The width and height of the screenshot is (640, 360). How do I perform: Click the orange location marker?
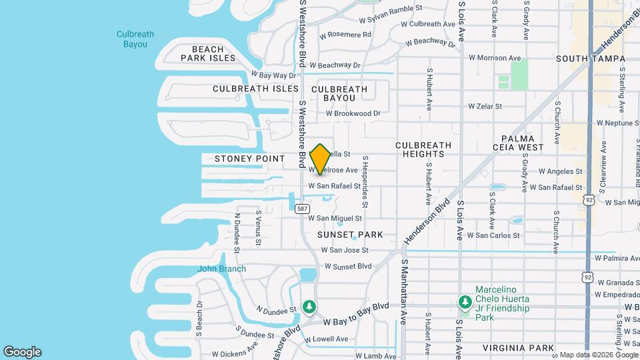pyautogui.click(x=321, y=159)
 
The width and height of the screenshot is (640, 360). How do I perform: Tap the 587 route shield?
pyautogui.click(x=303, y=209)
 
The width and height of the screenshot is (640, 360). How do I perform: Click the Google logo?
pyautogui.click(x=22, y=352)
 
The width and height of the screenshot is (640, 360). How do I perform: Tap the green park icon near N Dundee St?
pyautogui.click(x=309, y=307)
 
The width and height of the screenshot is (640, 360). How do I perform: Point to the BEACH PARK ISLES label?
pyautogui.click(x=208, y=53)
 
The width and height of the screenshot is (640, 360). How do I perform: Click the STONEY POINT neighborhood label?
pyautogui.click(x=249, y=159)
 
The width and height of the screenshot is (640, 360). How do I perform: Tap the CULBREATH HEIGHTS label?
pyautogui.click(x=423, y=149)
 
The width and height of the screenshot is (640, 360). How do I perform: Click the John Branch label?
pyautogui.click(x=221, y=269)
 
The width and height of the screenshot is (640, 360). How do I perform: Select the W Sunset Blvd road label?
pyautogui.click(x=347, y=266)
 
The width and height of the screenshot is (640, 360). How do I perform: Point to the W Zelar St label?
pyautogui.click(x=489, y=106)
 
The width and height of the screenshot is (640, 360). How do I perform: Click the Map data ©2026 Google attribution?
pyautogui.click(x=598, y=355)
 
